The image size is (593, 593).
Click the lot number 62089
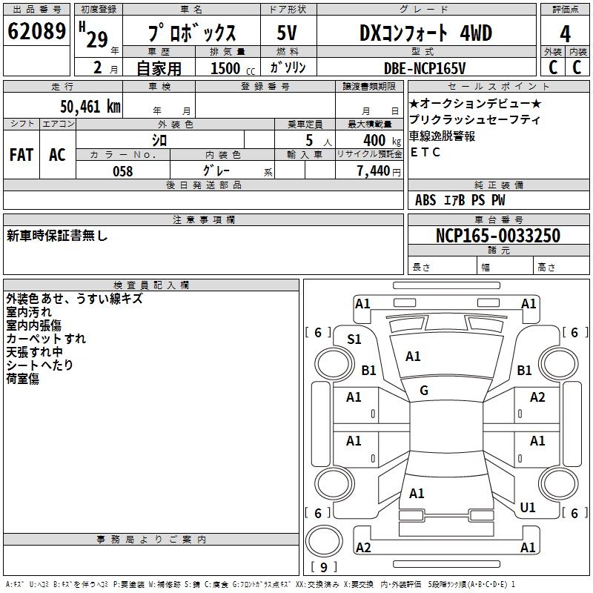(x=36, y=32)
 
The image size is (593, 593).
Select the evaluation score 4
(x=566, y=33)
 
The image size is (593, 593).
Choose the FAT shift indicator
(x=21, y=154)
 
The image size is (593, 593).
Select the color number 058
(x=123, y=171)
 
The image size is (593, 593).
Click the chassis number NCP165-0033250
(x=497, y=236)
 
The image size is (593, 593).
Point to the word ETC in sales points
(x=425, y=153)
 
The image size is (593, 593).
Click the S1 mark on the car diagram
(x=354, y=339)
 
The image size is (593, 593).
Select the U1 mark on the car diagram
(x=528, y=507)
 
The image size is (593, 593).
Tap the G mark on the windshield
(x=424, y=390)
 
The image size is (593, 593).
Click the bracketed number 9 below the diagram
(x=324, y=568)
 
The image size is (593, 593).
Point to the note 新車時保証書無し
(x=57, y=236)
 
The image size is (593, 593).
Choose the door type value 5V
(x=287, y=33)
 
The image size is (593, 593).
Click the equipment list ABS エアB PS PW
(x=460, y=200)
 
